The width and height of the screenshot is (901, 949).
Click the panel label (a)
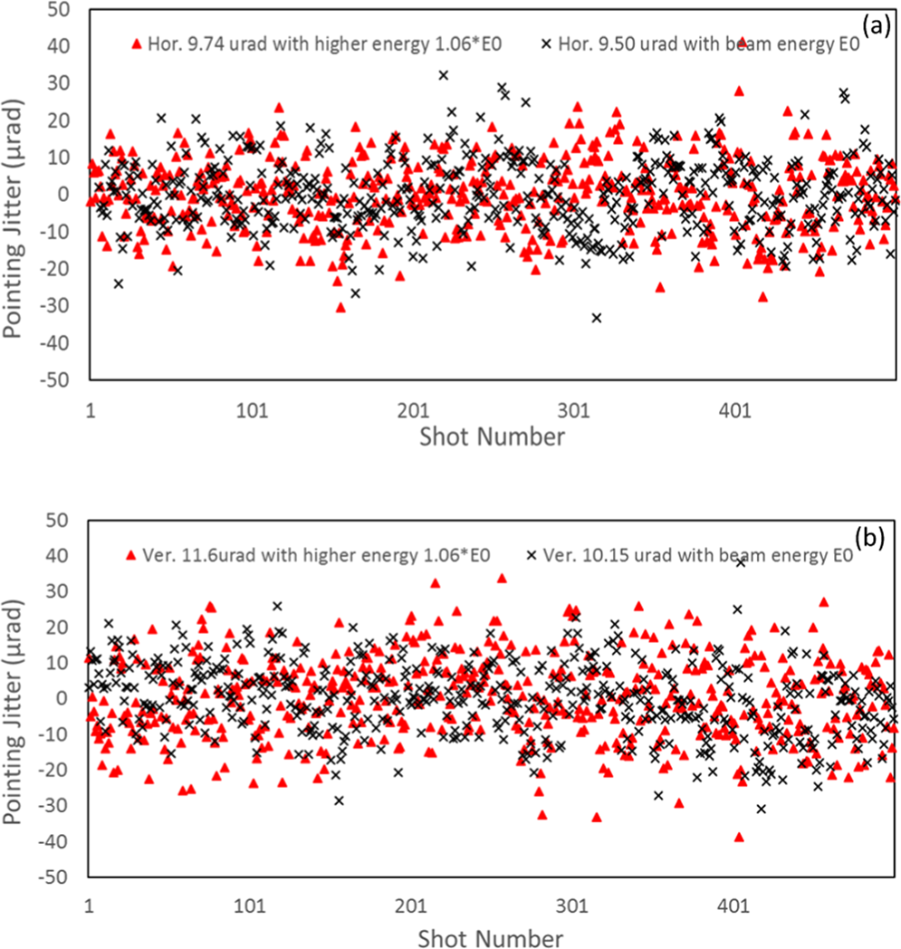pos(875,26)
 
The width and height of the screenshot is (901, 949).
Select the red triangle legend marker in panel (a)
pos(138,43)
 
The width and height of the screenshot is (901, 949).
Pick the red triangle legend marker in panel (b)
pos(133,554)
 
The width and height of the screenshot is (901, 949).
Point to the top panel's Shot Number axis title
pos(493,437)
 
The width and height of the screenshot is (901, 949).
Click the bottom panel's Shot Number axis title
pos(493,935)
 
